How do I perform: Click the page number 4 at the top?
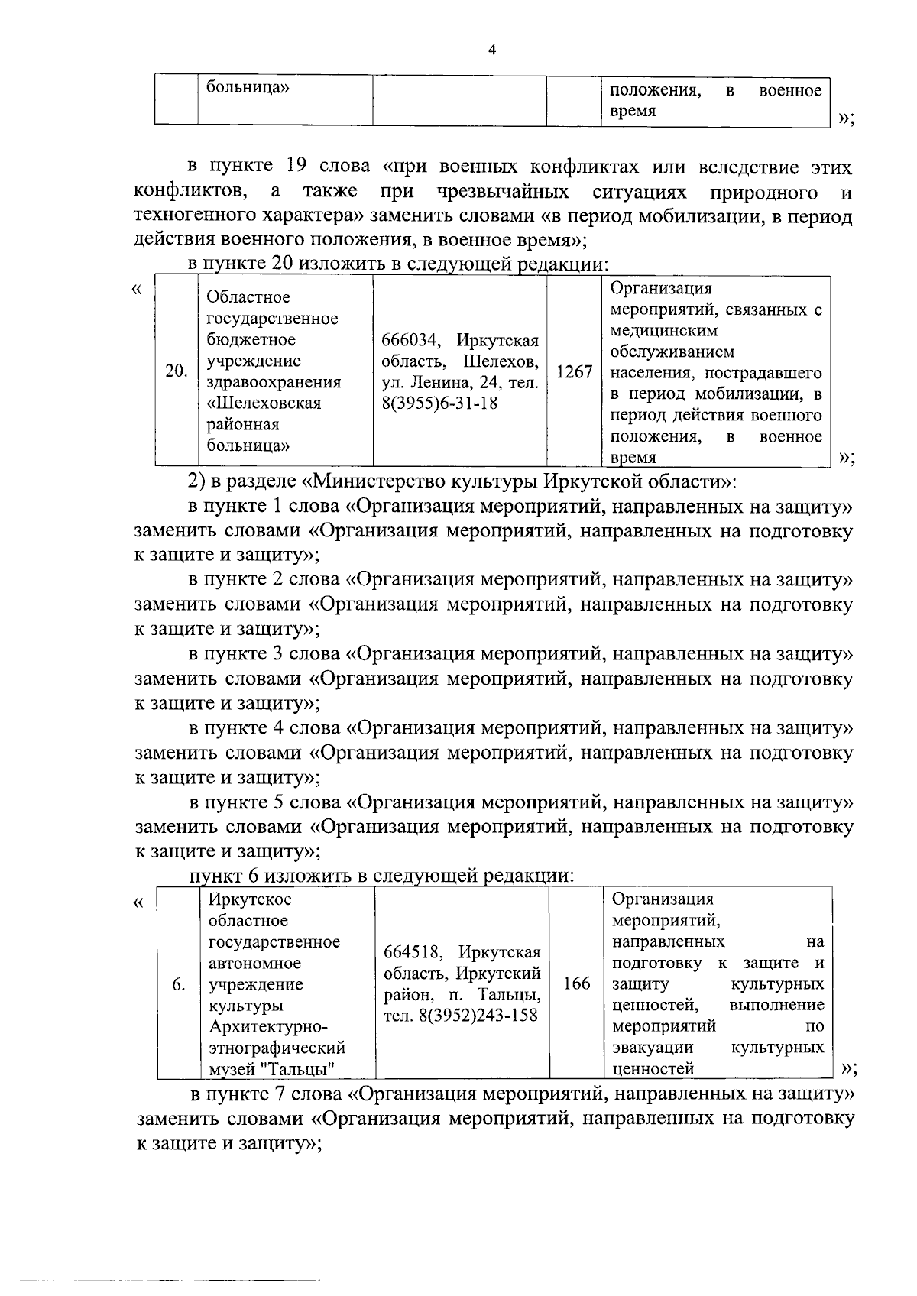[x=492, y=51]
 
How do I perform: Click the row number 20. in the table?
[x=177, y=371]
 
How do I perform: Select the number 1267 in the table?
[x=574, y=371]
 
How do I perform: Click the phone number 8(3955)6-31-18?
[x=439, y=403]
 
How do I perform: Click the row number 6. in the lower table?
[x=179, y=984]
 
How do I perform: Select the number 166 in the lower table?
[x=576, y=983]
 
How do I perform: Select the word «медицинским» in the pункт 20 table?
[x=664, y=331]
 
